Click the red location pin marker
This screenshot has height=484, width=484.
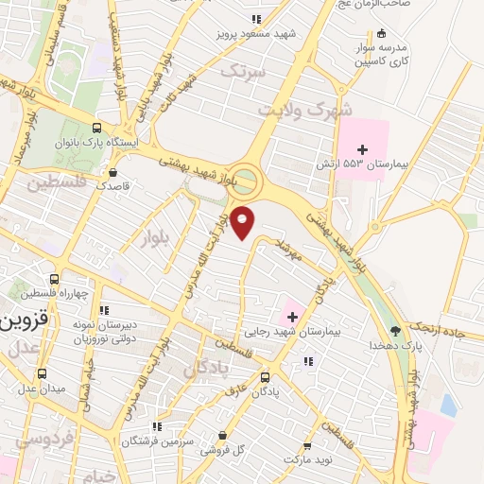click(244, 222)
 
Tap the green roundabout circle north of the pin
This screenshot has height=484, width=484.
click(245, 180)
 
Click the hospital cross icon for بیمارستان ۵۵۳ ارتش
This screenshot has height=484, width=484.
click(363, 148)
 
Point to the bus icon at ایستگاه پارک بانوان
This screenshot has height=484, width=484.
click(97, 129)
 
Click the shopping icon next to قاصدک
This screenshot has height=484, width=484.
click(113, 173)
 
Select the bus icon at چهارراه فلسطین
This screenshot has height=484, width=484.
click(54, 280)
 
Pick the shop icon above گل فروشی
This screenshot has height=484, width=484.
click(221, 436)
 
